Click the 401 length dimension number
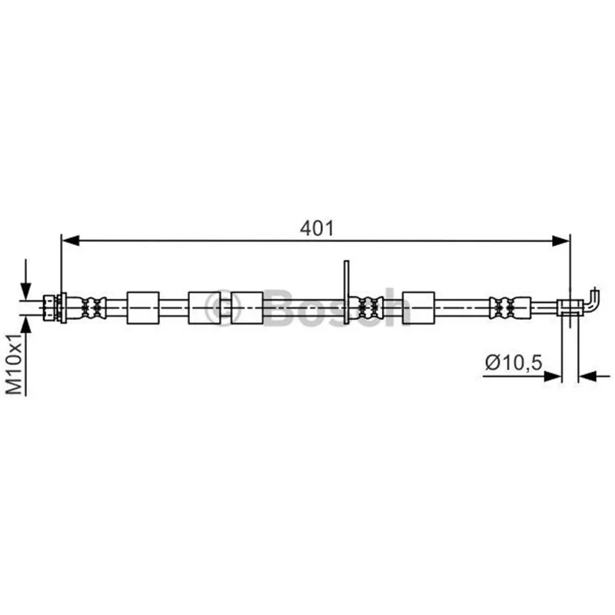pos(317,228)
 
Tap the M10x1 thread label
pos(15,364)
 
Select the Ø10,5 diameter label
pos(514,362)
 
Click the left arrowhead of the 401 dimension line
pos(71,241)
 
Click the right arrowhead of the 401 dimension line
pos(560,241)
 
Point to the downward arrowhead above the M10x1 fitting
pos(26,291)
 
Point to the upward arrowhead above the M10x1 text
pos(26,325)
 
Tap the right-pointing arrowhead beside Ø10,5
pos(553,377)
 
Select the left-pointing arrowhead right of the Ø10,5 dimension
pos(587,377)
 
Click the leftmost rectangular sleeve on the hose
pos(143,308)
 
